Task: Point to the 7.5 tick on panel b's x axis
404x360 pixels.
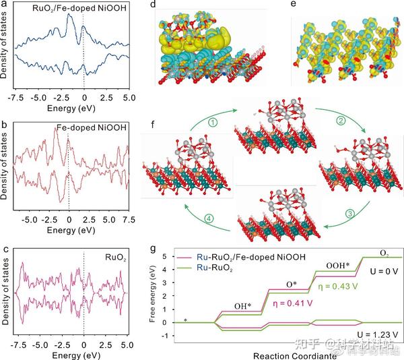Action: click(129, 220)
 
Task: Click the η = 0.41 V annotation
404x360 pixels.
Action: click(272, 303)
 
